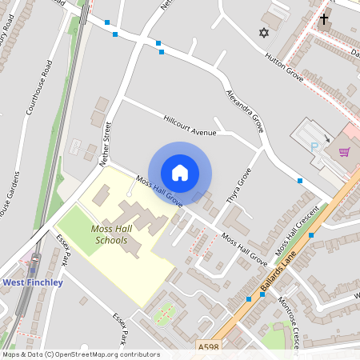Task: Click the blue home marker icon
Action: (x=180, y=172)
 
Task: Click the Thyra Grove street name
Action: (x=239, y=186)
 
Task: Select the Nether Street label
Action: (x=106, y=143)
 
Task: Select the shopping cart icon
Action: (x=345, y=152)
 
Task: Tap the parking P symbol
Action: (x=314, y=146)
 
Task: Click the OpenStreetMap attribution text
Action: (x=80, y=354)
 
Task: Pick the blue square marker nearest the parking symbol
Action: (x=300, y=181)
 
